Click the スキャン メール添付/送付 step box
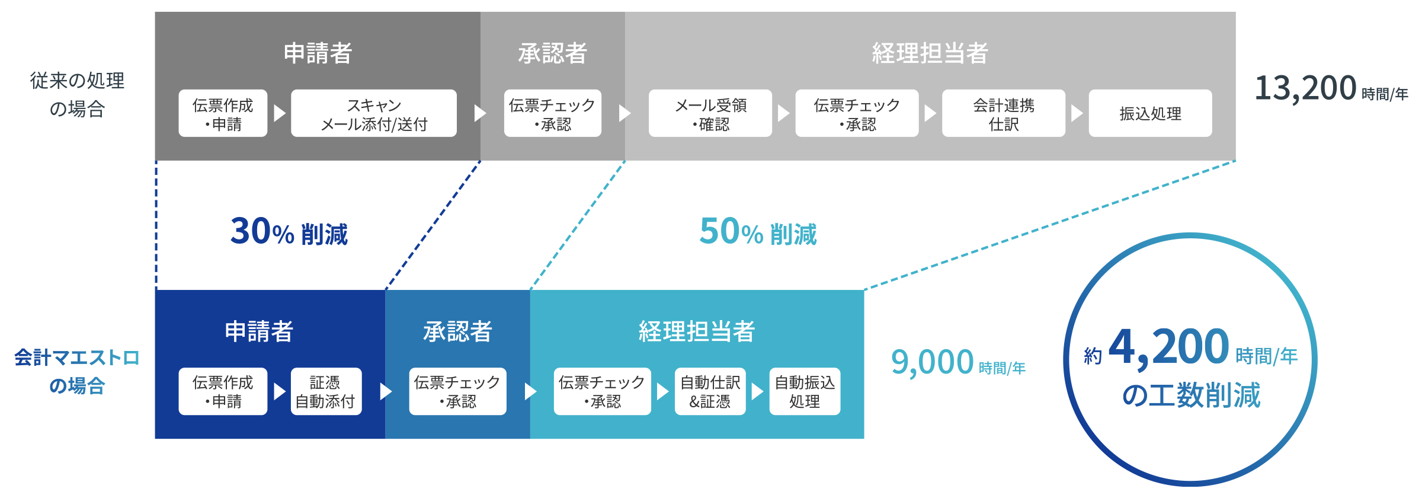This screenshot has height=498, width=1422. pyautogui.click(x=373, y=113)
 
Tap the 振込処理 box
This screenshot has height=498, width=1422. pyautogui.click(x=1150, y=113)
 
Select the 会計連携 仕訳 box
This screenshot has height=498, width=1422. pyautogui.click(x=1003, y=113)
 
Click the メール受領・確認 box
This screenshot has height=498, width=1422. pyautogui.click(x=710, y=113)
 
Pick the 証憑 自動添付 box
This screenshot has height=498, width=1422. pyautogui.click(x=326, y=391)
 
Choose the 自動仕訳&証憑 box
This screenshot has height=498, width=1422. pyautogui.click(x=710, y=391)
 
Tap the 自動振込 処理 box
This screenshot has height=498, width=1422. pyautogui.click(x=805, y=391)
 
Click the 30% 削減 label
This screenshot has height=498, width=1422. pyautogui.click(x=289, y=232)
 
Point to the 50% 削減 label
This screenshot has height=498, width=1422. pyautogui.click(x=758, y=232)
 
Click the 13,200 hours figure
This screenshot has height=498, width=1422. pyautogui.click(x=1305, y=89)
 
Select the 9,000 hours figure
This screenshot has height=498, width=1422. pyautogui.click(x=932, y=362)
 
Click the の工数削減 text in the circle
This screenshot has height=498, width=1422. pyautogui.click(x=1191, y=395)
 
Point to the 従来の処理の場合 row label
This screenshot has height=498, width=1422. pyautogui.click(x=77, y=95)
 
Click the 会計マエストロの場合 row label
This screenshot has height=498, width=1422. pyautogui.click(x=77, y=372)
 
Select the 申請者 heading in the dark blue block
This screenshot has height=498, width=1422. pyautogui.click(x=259, y=331)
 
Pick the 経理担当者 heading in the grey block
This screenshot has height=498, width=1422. pyautogui.click(x=930, y=53)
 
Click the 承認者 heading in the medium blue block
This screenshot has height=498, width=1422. pyautogui.click(x=457, y=331)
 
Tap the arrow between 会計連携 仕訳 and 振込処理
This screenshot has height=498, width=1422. pyautogui.click(x=1077, y=113)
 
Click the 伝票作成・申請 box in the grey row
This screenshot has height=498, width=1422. pyautogui.click(x=223, y=113)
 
